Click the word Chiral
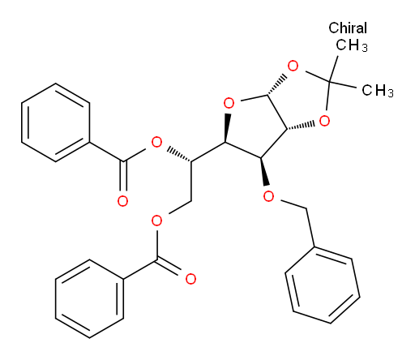pos(348,28)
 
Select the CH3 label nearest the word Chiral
pos(352,45)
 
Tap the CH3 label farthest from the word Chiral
pos(378,90)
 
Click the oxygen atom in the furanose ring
pos(229,103)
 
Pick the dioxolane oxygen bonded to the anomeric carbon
pos(293,66)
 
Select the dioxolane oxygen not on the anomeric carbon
pos(324,121)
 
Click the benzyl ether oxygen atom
pos(268,196)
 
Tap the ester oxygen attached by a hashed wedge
pos(156,142)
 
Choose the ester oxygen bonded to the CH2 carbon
pos(156,221)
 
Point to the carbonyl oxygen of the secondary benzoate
pos(122,201)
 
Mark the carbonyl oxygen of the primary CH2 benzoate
pos(190,279)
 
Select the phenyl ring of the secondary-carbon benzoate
pos(56,122)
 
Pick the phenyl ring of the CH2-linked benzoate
pos(90,298)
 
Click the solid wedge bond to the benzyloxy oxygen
pos(264,171)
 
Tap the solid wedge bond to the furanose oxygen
pos(227,128)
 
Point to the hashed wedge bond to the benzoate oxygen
pos(179,155)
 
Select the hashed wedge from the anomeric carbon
pos(276,84)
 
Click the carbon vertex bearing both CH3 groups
pos(329,80)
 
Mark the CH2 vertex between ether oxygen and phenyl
pos(306,208)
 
